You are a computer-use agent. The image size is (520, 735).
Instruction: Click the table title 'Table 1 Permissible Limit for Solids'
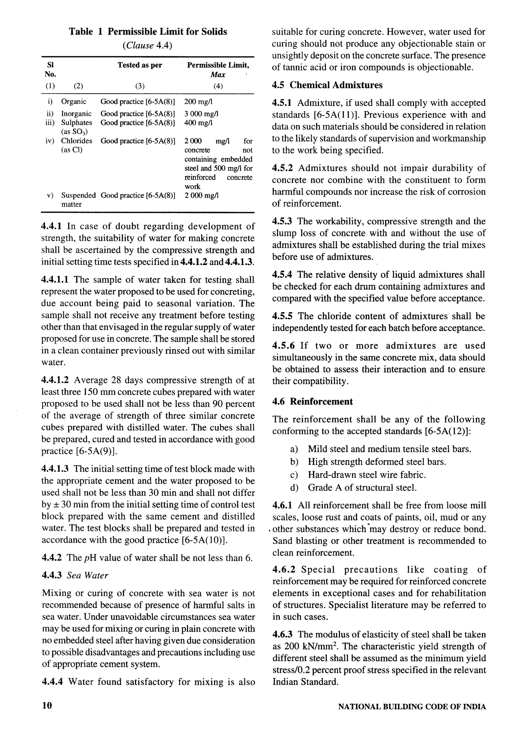(148, 32)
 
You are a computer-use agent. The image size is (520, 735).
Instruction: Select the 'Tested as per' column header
(140, 65)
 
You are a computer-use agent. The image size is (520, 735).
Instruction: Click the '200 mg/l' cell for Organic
(199, 102)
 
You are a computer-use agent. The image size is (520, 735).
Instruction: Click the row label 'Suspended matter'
(78, 200)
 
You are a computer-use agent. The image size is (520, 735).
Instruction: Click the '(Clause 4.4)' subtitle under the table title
(147, 46)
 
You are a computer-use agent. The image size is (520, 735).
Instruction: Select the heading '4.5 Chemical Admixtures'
(327, 85)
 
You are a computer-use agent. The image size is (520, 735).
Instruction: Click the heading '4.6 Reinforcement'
(313, 402)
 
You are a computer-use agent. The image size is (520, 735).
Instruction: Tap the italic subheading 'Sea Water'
(87, 575)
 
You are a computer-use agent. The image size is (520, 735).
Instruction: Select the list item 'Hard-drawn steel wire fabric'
(367, 475)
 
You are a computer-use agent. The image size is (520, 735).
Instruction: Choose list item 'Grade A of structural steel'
(362, 488)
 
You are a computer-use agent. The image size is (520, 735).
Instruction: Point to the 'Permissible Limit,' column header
(218, 65)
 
